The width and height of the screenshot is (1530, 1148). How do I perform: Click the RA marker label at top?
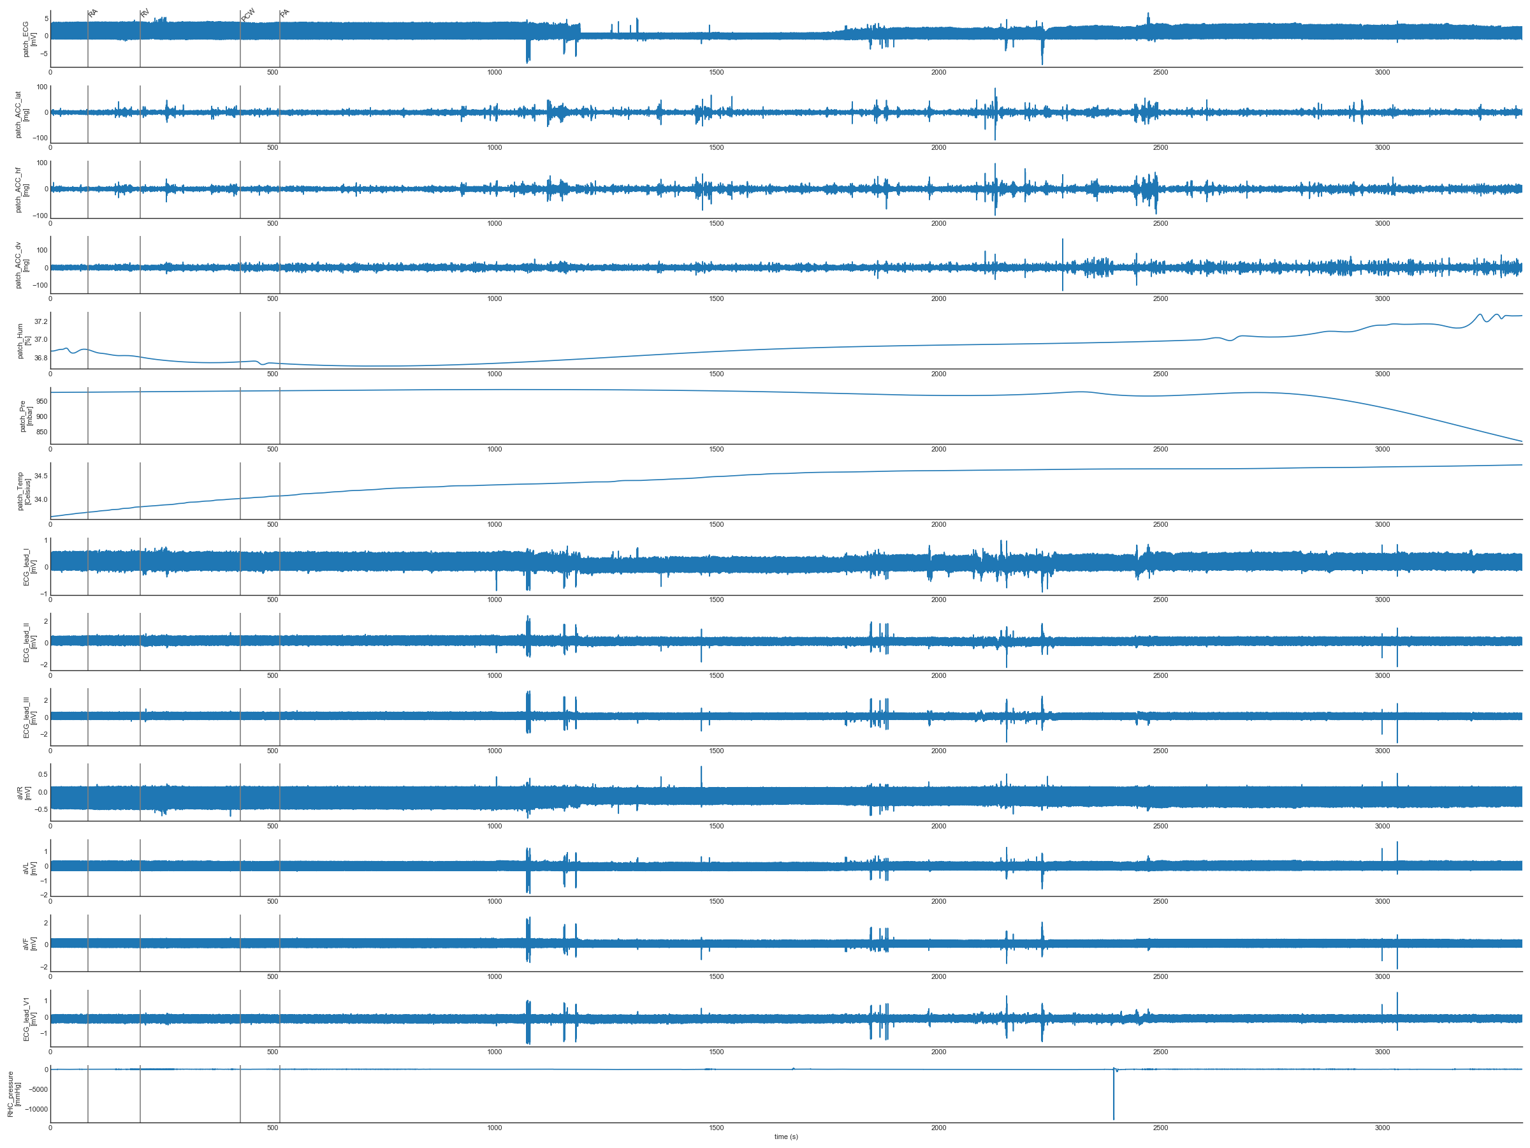(93, 13)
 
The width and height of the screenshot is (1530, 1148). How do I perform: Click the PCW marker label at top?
(249, 15)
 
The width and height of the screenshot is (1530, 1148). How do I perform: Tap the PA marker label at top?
(285, 13)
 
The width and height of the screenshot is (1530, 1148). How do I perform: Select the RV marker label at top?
(145, 13)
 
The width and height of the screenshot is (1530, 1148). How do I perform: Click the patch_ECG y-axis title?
(29, 39)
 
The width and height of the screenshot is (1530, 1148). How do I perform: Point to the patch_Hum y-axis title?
(24, 341)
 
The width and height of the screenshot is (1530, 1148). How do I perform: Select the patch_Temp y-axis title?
(24, 491)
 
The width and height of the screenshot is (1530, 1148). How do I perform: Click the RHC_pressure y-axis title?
(14, 1094)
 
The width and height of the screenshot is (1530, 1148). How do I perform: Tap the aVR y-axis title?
(24, 793)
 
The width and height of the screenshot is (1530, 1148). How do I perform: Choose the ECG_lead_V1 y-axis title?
(29, 1019)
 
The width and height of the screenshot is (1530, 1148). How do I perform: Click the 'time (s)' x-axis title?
(786, 1137)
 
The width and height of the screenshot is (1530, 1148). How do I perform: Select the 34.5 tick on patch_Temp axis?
(41, 476)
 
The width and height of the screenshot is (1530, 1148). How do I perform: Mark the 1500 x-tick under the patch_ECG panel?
(717, 73)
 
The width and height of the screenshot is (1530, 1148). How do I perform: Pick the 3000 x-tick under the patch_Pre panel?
(1382, 450)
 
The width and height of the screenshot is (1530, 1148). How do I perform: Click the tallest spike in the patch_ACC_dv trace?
(1063, 241)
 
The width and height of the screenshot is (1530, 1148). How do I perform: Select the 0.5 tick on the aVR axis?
(43, 774)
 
